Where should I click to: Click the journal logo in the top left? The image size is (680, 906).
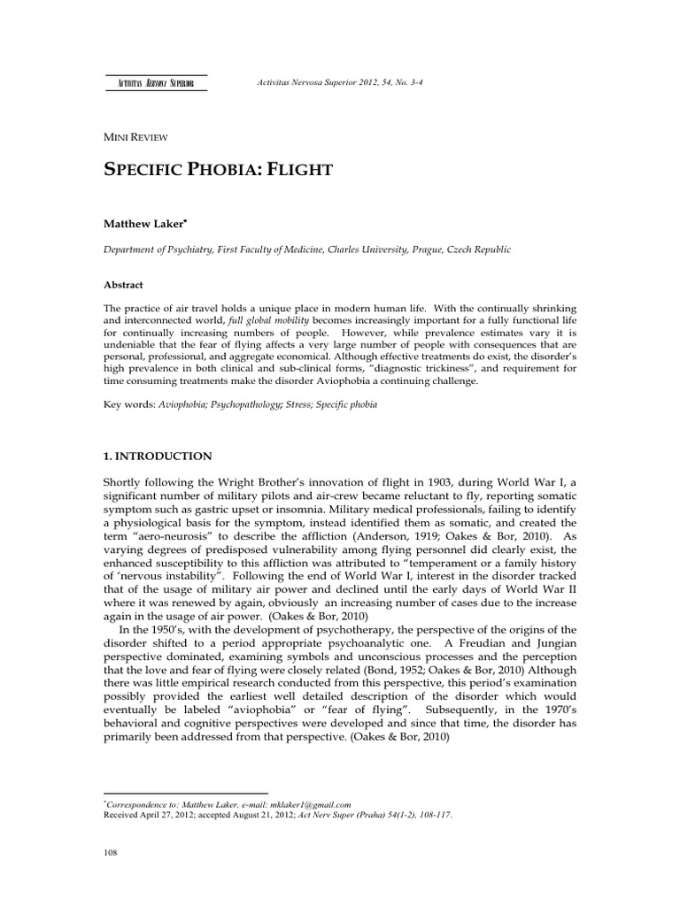click(155, 83)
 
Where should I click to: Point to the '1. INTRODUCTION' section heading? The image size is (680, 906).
click(158, 456)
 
